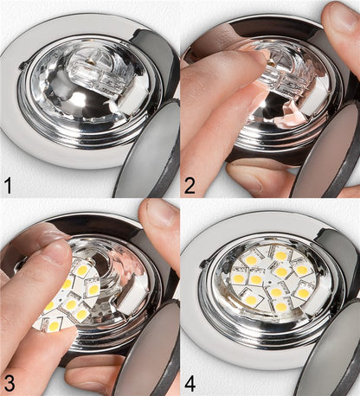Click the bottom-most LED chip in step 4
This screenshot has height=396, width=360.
[x=281, y=307]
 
